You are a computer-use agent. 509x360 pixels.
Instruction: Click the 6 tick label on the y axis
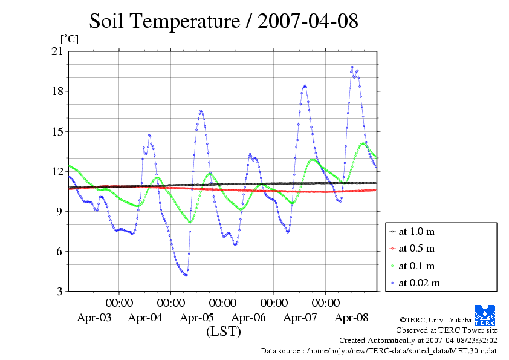point(60,251)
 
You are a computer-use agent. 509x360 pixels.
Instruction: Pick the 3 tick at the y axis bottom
point(60,291)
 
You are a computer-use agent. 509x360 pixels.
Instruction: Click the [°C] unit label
point(68,39)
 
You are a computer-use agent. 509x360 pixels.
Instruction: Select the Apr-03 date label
point(94,317)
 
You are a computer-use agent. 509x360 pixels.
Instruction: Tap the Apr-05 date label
point(197,317)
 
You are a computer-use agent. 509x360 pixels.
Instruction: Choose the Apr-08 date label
point(352,317)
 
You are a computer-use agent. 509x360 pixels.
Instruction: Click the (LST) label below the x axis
point(224,332)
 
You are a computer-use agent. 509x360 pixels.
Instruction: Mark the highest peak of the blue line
point(352,67)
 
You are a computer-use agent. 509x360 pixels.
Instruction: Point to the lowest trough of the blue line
point(186,275)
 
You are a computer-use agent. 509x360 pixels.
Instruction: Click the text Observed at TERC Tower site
point(447,330)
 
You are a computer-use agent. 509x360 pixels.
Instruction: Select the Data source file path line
point(379,350)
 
